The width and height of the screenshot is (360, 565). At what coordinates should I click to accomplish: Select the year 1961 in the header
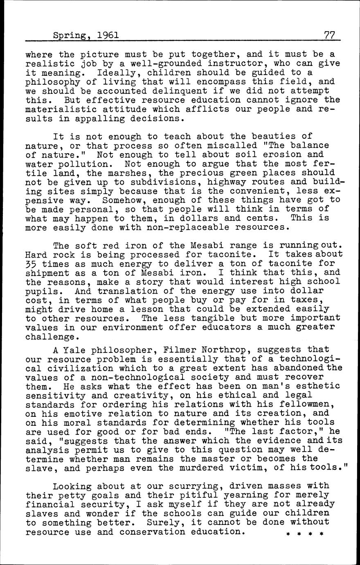point(108,36)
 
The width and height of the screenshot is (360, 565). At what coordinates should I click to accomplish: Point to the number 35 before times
point(31,264)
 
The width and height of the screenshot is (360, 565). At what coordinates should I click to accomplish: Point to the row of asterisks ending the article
point(304,534)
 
